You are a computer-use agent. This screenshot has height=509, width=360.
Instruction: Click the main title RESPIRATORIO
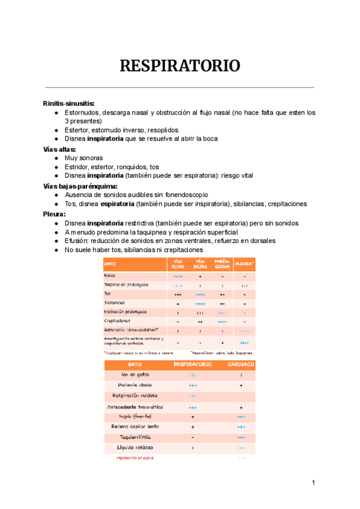[180, 65]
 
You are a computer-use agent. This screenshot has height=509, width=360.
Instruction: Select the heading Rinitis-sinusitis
[68, 103]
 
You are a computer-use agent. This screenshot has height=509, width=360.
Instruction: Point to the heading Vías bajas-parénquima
[80, 185]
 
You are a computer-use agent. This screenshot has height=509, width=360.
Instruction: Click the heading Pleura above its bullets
[54, 213]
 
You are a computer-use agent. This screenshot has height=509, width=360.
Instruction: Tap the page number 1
[313, 483]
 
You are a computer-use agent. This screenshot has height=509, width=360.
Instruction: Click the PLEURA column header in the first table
[244, 264]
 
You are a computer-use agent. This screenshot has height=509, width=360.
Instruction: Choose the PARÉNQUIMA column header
[221, 264]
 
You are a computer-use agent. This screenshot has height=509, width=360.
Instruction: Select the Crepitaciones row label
[118, 321]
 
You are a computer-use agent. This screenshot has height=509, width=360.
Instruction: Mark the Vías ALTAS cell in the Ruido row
[178, 276]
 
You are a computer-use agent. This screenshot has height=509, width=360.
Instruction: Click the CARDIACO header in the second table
[241, 364]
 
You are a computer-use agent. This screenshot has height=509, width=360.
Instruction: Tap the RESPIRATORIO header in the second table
[193, 364]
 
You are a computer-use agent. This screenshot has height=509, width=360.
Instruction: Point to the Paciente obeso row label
[133, 385]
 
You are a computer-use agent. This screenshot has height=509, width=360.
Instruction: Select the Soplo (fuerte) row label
[136, 416]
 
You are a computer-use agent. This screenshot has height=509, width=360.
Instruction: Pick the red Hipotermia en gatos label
[134, 458]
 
